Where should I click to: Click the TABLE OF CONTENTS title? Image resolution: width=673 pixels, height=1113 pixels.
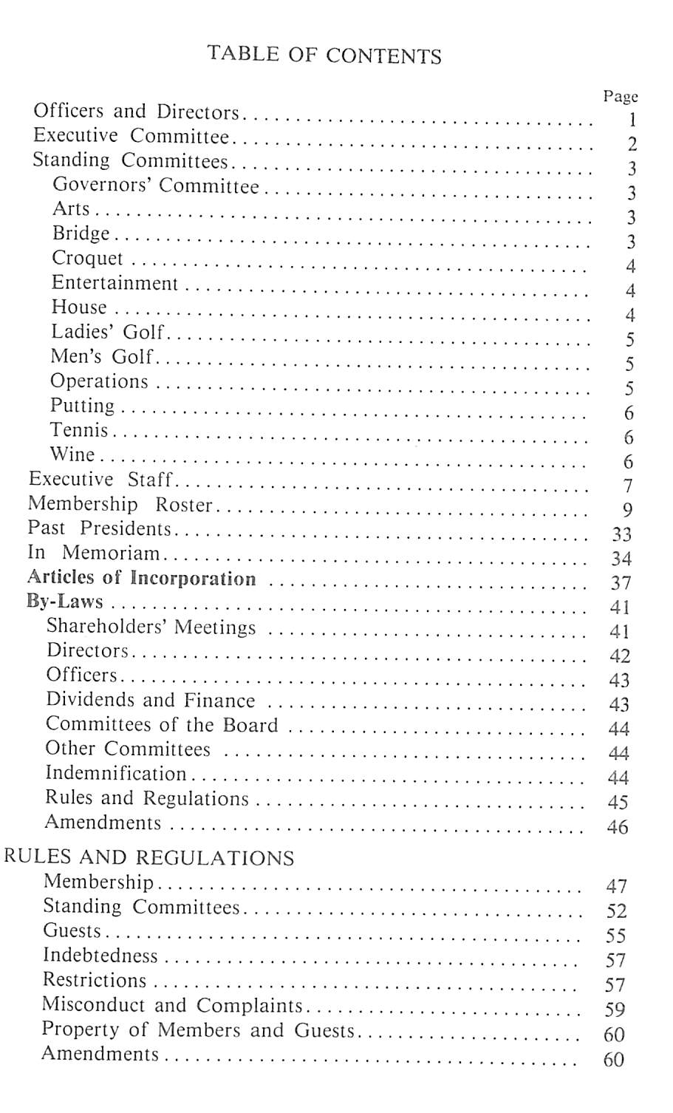point(324,55)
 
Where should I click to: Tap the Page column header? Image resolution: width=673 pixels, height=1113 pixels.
point(620,97)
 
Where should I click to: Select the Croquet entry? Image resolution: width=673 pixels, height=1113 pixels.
point(87,259)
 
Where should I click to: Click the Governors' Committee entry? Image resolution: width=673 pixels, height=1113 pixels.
point(156,185)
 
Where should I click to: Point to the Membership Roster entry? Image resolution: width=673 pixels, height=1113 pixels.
point(120,505)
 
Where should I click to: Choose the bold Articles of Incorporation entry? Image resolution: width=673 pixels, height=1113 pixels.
point(141,578)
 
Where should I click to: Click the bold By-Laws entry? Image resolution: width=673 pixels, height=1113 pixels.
point(65,602)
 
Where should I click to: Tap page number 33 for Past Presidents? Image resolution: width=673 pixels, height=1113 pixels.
point(621,534)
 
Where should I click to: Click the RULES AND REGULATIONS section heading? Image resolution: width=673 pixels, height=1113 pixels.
point(149,858)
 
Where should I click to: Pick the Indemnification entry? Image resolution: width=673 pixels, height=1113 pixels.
point(116,774)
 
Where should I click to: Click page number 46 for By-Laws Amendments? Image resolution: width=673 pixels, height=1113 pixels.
point(618,827)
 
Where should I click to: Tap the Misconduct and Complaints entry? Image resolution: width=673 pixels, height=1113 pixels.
point(172,1006)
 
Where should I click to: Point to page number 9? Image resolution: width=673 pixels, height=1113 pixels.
point(628,510)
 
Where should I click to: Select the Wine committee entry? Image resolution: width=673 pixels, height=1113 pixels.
point(72,455)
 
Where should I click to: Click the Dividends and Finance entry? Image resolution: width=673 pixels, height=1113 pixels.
point(150,700)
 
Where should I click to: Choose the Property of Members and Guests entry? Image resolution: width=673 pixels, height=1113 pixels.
point(198,1030)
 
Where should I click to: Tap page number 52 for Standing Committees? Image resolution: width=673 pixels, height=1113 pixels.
point(616,911)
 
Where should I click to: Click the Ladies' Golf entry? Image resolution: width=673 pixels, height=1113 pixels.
point(107,332)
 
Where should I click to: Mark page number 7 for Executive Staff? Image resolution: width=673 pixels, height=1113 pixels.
point(628,486)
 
